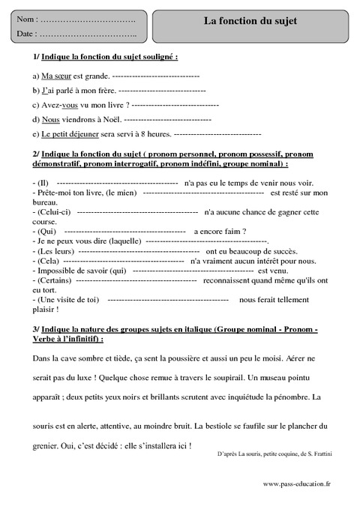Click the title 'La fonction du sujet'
tap(250, 21)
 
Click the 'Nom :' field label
tap(26, 17)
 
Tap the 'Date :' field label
tap(26, 34)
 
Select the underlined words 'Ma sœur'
tap(58, 76)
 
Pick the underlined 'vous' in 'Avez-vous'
tap(70, 105)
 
